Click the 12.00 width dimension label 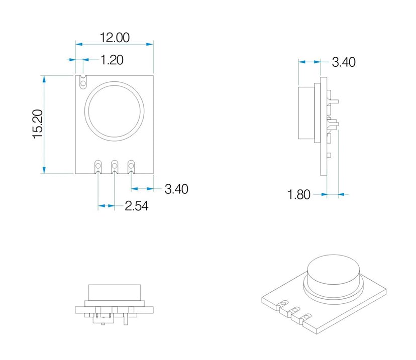point(115,38)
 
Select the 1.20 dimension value point(112,60)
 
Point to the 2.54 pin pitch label point(136,206)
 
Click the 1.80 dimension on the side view point(299,194)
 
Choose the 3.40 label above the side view point(344,62)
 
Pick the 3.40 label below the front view point(176,189)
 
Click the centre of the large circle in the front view point(115,110)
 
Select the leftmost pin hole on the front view point(97,164)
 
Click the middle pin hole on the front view point(115,164)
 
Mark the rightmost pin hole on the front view point(132,164)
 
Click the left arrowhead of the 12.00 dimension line point(78,44)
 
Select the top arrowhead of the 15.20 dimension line point(44,79)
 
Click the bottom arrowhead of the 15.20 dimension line point(44,171)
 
